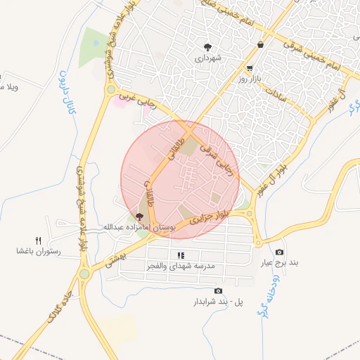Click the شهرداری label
pyautogui.click(x=210, y=59)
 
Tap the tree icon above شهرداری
pyautogui.click(x=209, y=47)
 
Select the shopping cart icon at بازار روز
pyautogui.click(x=250, y=68)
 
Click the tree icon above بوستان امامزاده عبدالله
pyautogui.click(x=140, y=216)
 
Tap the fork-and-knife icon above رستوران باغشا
pyautogui.click(x=39, y=240)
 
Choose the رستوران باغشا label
pyautogui.click(x=39, y=251)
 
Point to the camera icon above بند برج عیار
pyautogui.click(x=280, y=252)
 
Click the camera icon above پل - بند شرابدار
pyautogui.click(x=218, y=290)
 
